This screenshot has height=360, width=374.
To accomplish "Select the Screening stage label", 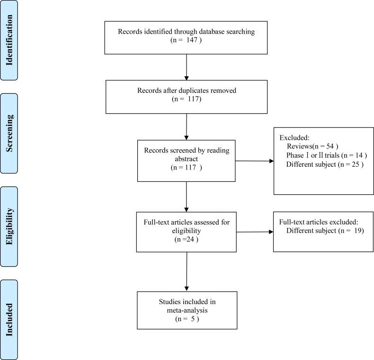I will point(9,132).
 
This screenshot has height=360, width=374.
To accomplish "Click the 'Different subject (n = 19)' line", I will point(325,231).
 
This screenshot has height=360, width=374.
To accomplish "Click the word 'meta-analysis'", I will point(187,311).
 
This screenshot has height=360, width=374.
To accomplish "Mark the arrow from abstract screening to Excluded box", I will point(255,161).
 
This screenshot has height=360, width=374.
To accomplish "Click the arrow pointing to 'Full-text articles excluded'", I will point(255,232).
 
